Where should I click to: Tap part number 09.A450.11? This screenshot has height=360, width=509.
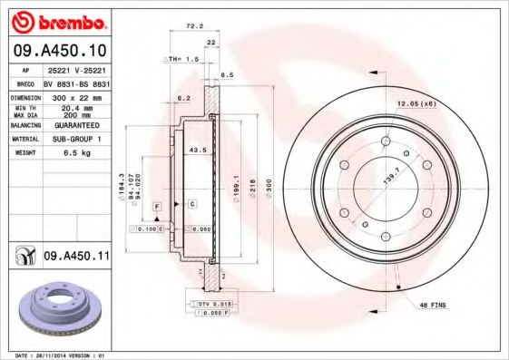(75, 257)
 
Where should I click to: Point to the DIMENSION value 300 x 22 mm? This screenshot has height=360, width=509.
(75, 94)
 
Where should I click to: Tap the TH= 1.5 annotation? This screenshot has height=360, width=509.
(180, 57)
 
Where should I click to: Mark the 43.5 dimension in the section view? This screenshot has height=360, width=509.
(194, 150)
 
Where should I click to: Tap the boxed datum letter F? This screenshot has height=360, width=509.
(157, 208)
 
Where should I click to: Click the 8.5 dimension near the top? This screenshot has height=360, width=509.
(227, 75)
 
